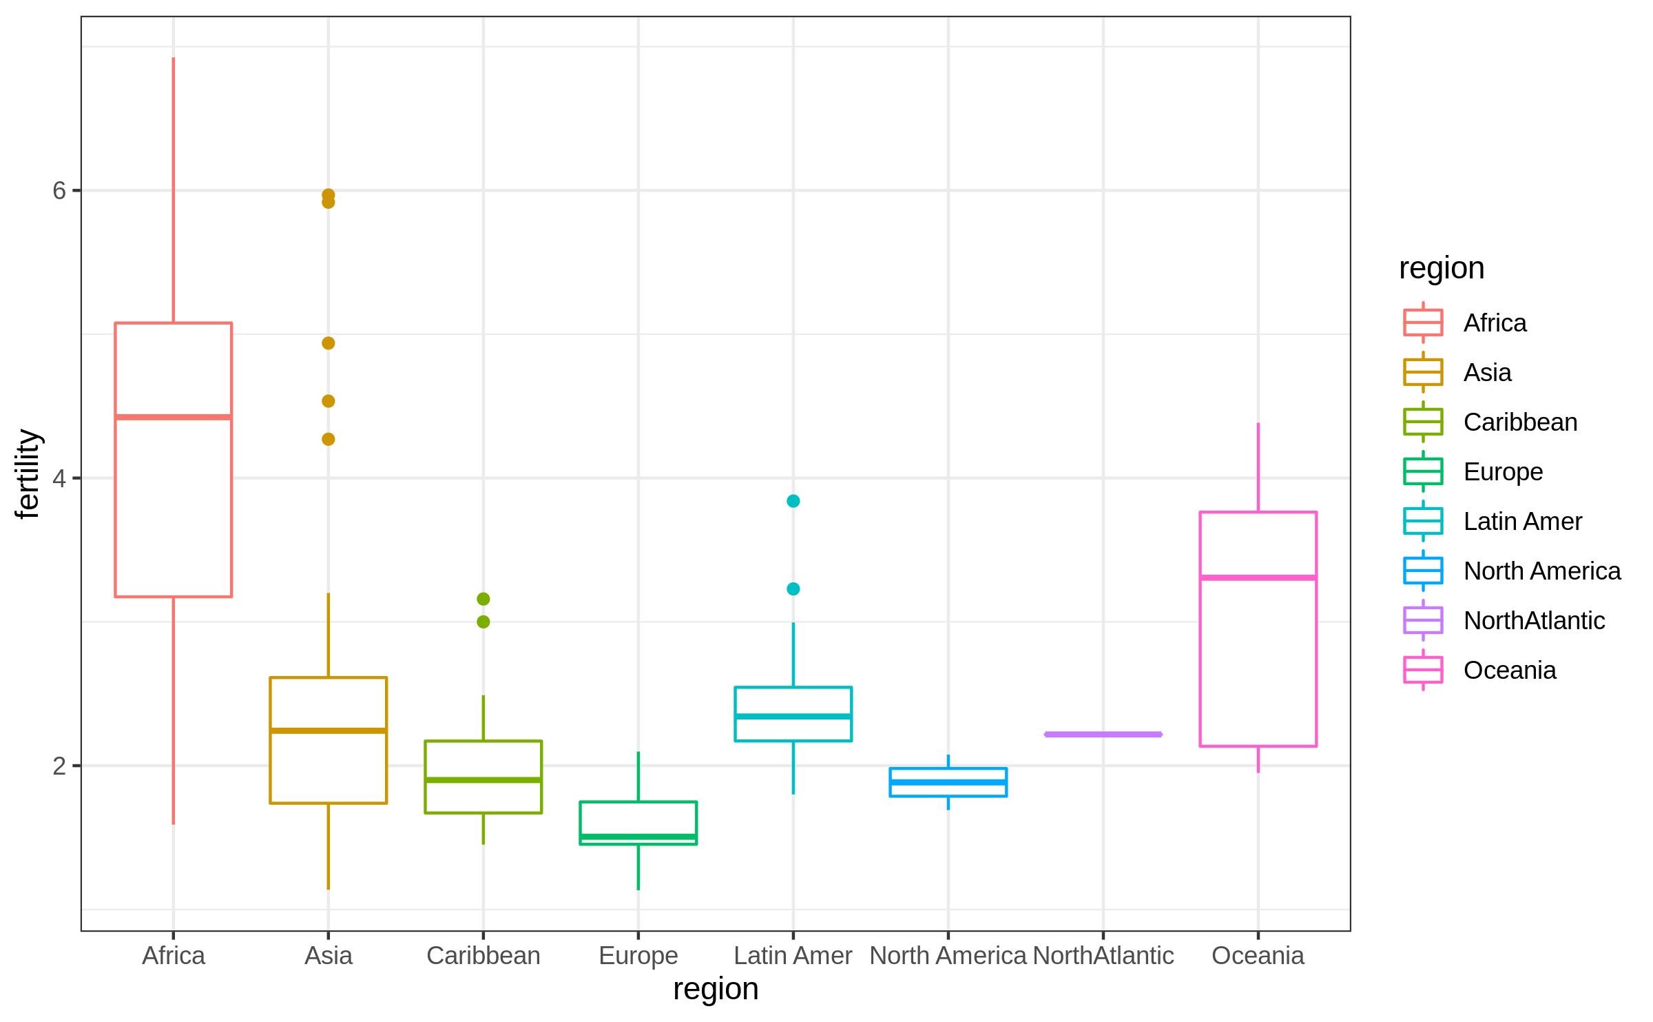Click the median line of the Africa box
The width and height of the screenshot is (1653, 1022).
pyautogui.click(x=173, y=417)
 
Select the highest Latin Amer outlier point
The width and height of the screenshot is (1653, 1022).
pyautogui.click(x=793, y=501)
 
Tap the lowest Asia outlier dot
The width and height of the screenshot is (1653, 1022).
pyautogui.click(x=328, y=439)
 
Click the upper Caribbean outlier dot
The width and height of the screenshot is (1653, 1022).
pyautogui.click(x=483, y=599)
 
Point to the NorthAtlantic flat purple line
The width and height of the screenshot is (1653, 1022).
pyautogui.click(x=1103, y=734)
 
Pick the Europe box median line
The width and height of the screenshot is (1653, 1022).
pyautogui.click(x=638, y=837)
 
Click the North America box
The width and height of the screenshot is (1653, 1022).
pyautogui.click(x=948, y=782)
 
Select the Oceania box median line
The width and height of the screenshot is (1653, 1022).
pyautogui.click(x=1258, y=578)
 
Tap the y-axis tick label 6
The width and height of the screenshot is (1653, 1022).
pyautogui.click(x=59, y=191)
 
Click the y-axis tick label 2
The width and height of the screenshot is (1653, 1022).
pyautogui.click(x=59, y=766)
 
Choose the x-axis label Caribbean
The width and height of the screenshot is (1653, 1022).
pyautogui.click(x=483, y=956)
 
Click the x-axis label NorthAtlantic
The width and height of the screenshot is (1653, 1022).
pyautogui.click(x=1103, y=956)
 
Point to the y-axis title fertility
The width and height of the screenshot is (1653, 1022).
pyautogui.click(x=28, y=473)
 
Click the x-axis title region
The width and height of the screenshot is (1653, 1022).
pyautogui.click(x=716, y=989)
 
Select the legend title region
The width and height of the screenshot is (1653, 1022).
pyautogui.click(x=1441, y=268)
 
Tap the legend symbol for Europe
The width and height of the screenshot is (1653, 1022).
pyautogui.click(x=1422, y=471)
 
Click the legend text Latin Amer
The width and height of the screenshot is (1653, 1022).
pyautogui.click(x=1522, y=522)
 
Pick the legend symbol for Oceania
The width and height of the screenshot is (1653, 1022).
pyautogui.click(x=1422, y=670)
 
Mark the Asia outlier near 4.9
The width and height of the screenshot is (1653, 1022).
pyautogui.click(x=328, y=343)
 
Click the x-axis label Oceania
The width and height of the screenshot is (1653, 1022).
pyautogui.click(x=1258, y=956)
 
